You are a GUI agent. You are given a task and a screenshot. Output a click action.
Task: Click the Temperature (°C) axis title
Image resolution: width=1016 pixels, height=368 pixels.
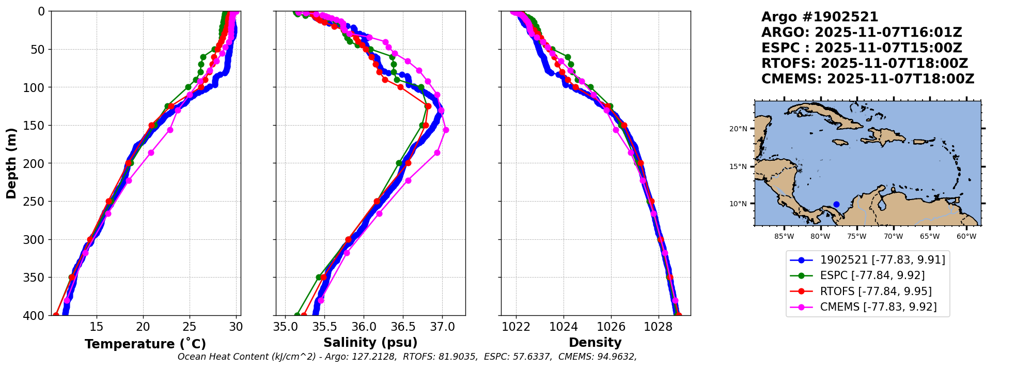145,344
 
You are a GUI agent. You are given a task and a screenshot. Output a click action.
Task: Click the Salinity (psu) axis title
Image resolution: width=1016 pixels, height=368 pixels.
370,343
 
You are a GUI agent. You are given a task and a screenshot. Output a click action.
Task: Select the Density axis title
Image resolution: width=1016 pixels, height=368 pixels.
595,343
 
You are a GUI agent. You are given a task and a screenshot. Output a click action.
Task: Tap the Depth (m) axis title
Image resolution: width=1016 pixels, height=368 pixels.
11,163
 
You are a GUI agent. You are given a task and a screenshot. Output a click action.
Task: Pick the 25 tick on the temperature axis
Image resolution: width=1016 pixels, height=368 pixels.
190,327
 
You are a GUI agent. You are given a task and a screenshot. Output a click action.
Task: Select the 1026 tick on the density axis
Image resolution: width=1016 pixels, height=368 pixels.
611,327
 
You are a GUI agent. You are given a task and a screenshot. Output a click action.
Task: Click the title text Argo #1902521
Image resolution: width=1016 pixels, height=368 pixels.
820,17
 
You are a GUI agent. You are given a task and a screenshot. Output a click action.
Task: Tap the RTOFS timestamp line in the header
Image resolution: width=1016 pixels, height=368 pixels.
864,64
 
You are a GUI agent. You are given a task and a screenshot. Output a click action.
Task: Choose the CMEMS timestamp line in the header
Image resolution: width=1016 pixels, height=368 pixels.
867,79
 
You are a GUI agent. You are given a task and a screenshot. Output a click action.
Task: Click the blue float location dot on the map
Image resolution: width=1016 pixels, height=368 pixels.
836,204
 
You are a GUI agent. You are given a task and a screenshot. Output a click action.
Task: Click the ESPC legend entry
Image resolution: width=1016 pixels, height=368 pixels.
872,275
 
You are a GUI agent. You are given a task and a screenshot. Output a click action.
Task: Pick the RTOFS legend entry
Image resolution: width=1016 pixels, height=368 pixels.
876,292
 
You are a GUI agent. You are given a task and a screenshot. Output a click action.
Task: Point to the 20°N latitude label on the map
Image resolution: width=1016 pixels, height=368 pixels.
738,129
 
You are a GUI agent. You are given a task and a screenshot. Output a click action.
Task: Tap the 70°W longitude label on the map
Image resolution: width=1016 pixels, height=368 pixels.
893,237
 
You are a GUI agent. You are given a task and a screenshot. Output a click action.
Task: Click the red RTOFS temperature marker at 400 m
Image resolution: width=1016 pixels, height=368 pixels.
56,315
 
